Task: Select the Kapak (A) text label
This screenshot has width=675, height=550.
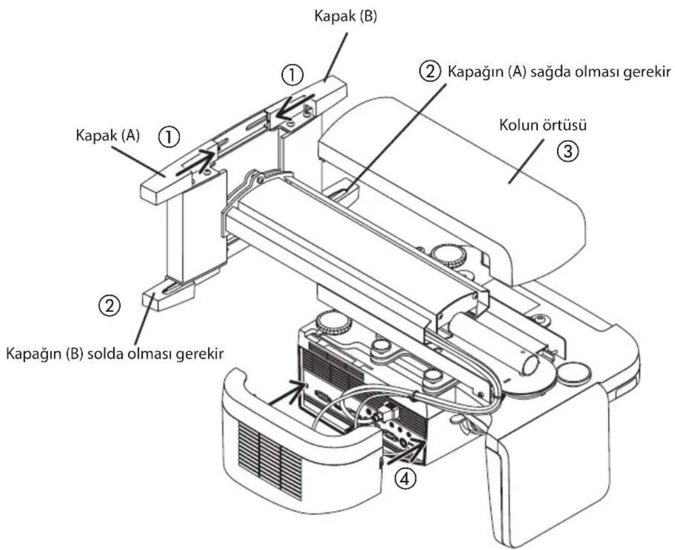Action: (107, 136)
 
